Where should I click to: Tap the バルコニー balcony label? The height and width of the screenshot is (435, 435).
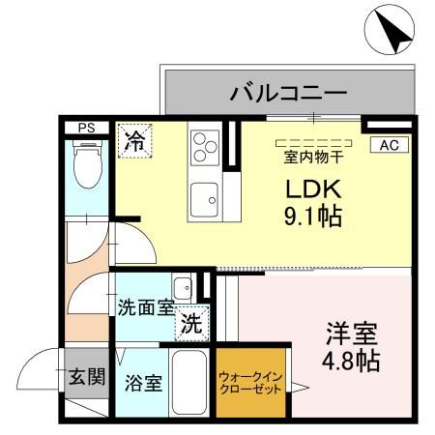287,94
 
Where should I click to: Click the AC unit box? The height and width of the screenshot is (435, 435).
390,145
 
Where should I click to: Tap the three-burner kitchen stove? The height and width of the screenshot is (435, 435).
205,148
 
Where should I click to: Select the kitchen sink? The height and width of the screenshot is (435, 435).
205,199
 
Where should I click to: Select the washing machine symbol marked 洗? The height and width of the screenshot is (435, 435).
192,324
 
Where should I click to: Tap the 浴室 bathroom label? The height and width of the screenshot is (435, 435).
143,381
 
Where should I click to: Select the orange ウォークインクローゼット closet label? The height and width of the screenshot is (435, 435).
250,383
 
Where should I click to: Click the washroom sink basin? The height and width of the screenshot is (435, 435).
182,287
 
